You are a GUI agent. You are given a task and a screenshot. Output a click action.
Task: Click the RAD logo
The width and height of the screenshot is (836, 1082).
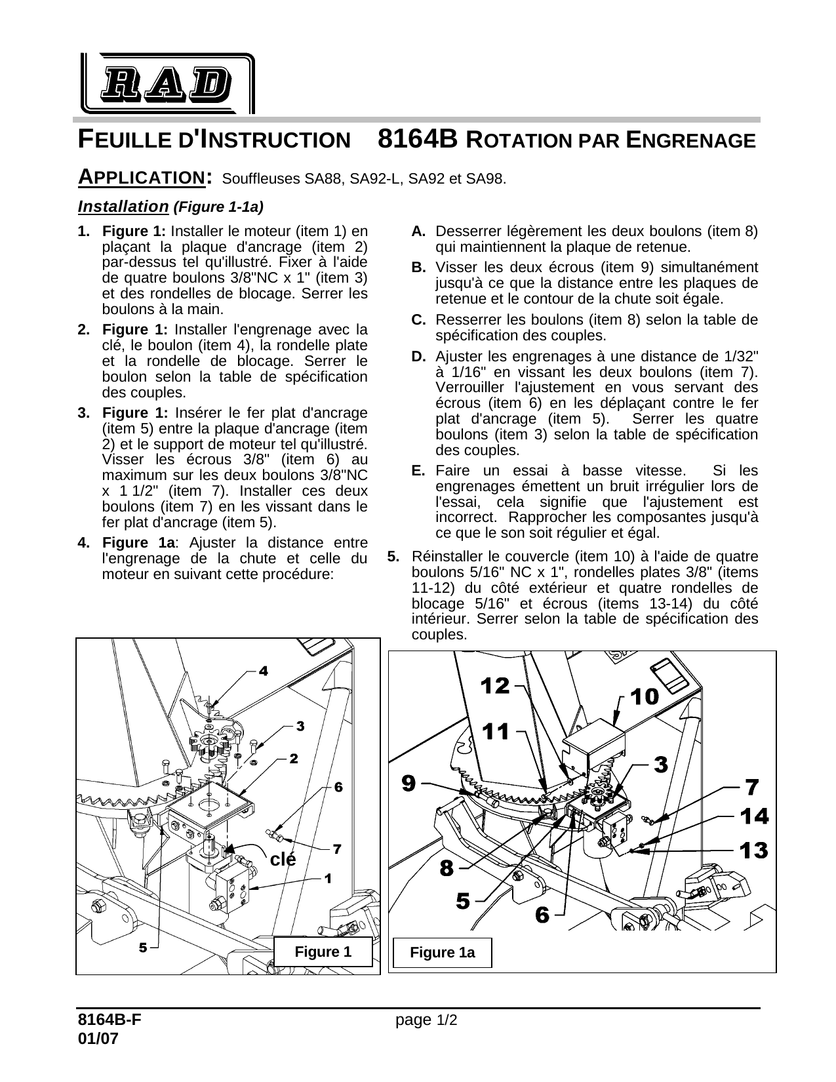point(168,83)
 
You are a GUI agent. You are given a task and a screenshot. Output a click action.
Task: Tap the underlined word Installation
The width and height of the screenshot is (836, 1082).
point(123,207)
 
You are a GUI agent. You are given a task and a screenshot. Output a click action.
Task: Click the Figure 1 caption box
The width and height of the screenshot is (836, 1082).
point(323,952)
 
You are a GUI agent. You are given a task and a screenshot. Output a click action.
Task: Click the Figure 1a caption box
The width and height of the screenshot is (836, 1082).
point(442,953)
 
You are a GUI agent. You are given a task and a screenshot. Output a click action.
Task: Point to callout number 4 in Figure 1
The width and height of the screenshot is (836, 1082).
point(263,671)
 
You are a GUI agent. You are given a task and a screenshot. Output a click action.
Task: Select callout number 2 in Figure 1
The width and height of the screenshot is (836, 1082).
point(294,758)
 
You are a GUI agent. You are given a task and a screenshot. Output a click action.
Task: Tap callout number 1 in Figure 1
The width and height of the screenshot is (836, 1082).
point(327,877)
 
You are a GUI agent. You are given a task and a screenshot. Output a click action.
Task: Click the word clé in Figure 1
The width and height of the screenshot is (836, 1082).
point(283,859)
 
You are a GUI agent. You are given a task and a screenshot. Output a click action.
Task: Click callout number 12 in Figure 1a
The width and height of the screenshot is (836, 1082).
point(495,686)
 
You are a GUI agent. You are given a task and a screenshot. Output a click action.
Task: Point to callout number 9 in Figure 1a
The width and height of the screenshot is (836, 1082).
point(408,782)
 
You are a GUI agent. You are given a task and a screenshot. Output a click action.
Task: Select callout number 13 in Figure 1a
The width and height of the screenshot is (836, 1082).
point(753,851)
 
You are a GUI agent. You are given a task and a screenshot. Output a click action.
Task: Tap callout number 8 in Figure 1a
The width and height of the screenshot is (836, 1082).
point(446,868)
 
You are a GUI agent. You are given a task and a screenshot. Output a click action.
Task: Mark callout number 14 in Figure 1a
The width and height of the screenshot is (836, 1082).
point(754,816)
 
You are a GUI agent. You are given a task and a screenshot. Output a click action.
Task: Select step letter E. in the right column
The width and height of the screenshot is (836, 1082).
point(418,471)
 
